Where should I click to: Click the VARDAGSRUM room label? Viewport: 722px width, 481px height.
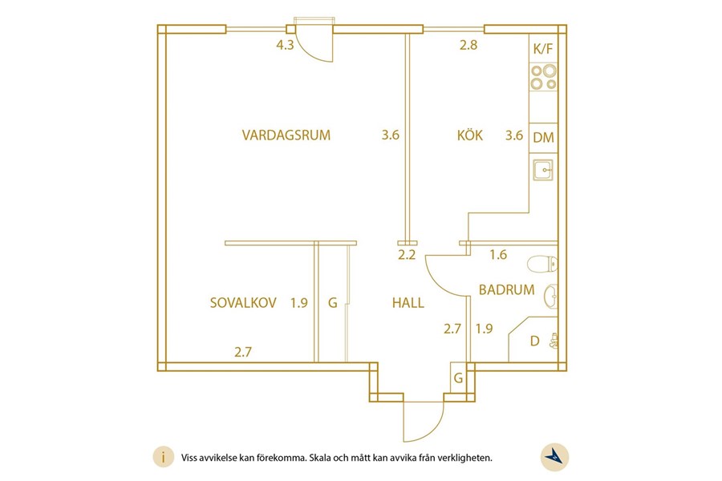click(286, 135)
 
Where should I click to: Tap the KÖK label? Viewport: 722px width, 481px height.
click(469, 135)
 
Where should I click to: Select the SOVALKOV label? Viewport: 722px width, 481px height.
click(243, 303)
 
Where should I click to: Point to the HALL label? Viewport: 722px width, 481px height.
click(408, 303)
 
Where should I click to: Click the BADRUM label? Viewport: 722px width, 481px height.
click(506, 290)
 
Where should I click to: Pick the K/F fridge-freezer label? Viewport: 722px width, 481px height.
click(543, 49)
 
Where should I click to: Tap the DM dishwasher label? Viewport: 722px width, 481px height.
click(543, 138)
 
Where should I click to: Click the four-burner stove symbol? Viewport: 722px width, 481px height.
click(544, 77)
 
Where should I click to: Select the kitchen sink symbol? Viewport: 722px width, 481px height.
click(543, 170)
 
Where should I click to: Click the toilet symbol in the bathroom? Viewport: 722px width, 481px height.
click(542, 265)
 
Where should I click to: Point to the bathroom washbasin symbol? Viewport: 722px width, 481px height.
click(550, 297)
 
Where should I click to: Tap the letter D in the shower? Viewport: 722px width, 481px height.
click(534, 341)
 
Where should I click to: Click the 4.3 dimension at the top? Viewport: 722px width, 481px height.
click(285, 45)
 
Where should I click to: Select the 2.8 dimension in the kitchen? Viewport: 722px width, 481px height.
click(468, 45)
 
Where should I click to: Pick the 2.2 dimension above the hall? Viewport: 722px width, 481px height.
click(407, 255)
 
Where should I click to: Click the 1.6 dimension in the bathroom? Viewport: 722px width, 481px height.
click(498, 255)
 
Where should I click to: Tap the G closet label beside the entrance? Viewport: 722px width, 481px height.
click(458, 378)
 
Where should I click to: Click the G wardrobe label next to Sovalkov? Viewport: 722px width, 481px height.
click(332, 303)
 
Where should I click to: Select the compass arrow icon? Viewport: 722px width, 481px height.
click(554, 458)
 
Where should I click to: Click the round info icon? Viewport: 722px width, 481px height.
click(164, 458)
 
